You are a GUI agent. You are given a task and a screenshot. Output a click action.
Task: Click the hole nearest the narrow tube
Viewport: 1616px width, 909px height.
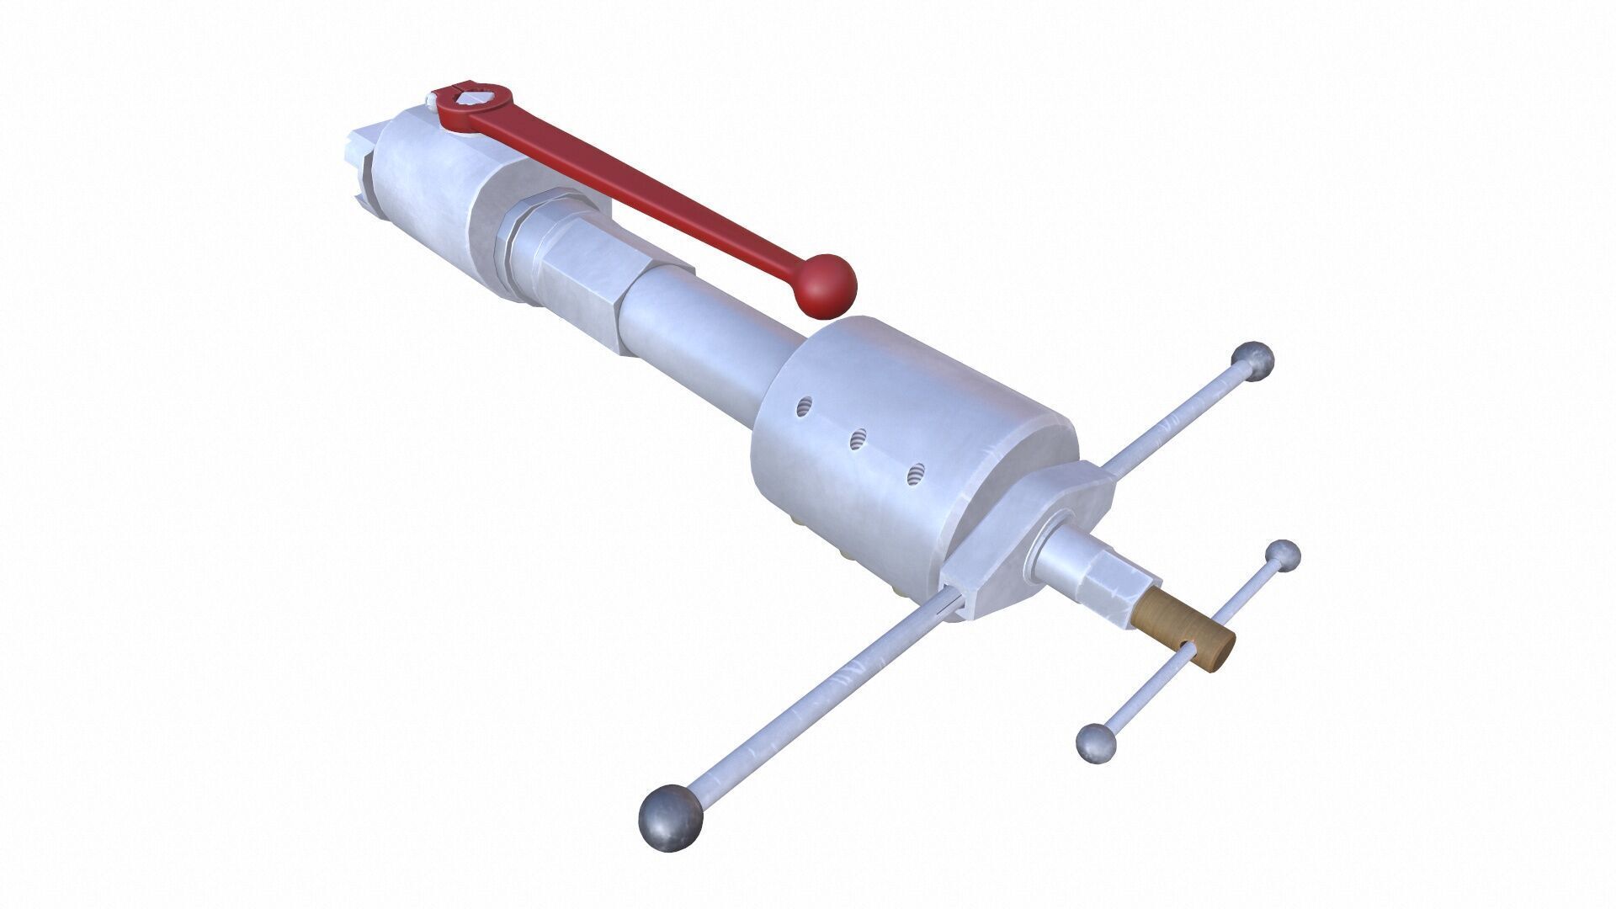805,407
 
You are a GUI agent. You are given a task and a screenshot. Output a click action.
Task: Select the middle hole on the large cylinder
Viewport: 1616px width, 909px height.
858,439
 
